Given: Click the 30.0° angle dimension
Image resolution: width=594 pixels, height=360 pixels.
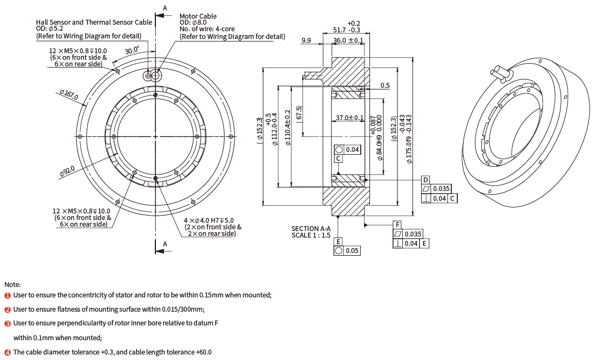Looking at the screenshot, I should [132, 50].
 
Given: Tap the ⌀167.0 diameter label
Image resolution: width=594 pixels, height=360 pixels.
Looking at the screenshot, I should [69, 95].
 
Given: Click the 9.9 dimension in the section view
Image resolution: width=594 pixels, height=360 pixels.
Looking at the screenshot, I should [306, 40].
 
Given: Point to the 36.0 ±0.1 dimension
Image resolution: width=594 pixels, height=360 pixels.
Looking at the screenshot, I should [349, 40].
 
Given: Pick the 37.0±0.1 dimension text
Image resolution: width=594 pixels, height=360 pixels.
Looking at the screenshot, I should [349, 117].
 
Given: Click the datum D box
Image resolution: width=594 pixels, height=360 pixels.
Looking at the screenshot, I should [425, 180].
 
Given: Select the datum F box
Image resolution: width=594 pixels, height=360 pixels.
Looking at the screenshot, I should [398, 225].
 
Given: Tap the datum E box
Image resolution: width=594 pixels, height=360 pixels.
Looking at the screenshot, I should [339, 241].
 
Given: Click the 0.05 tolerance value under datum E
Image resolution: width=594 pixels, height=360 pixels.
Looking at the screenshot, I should [352, 251].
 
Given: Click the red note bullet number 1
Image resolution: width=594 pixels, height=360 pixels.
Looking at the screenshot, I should [8, 295].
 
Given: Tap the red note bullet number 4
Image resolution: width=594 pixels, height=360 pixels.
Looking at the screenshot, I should [8, 352].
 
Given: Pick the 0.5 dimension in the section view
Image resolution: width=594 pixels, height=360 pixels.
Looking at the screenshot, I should [385, 86].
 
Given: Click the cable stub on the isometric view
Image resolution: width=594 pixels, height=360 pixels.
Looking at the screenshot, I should [500, 71].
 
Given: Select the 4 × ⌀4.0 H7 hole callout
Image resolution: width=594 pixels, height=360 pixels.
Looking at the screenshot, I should [208, 220].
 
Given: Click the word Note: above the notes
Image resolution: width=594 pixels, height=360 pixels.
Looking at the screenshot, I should [13, 284].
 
